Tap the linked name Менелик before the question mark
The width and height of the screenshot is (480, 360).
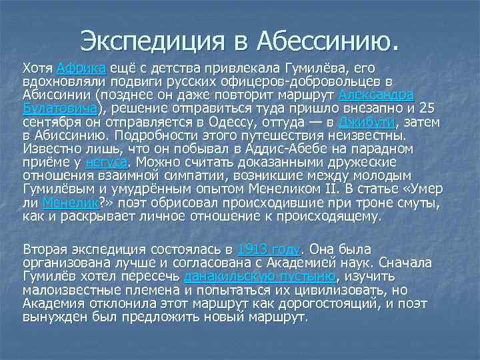[x=70, y=203]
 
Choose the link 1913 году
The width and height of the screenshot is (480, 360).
[x=269, y=250]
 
